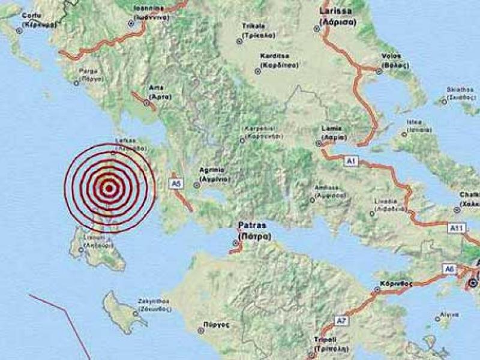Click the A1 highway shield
(x=350, y=161)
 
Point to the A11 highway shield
(x=457, y=228)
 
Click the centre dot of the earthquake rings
(x=109, y=188)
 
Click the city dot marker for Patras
(x=235, y=243)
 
